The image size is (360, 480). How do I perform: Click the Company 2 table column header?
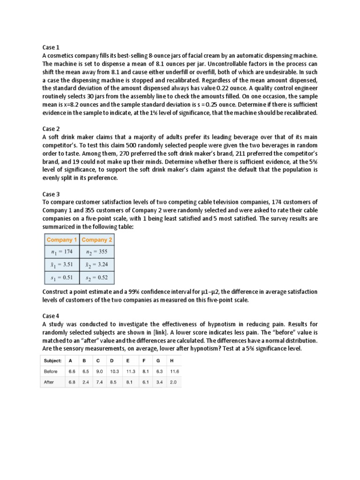coord(97,240)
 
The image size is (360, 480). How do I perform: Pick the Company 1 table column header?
coord(62,240)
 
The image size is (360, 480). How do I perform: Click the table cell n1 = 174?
coord(62,252)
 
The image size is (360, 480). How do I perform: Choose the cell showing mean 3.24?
coord(97,265)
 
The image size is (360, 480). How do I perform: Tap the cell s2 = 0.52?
coord(97,278)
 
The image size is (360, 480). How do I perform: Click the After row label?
coord(49,382)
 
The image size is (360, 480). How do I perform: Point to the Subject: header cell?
coord(52,360)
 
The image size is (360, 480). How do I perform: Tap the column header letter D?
coord(112,360)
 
